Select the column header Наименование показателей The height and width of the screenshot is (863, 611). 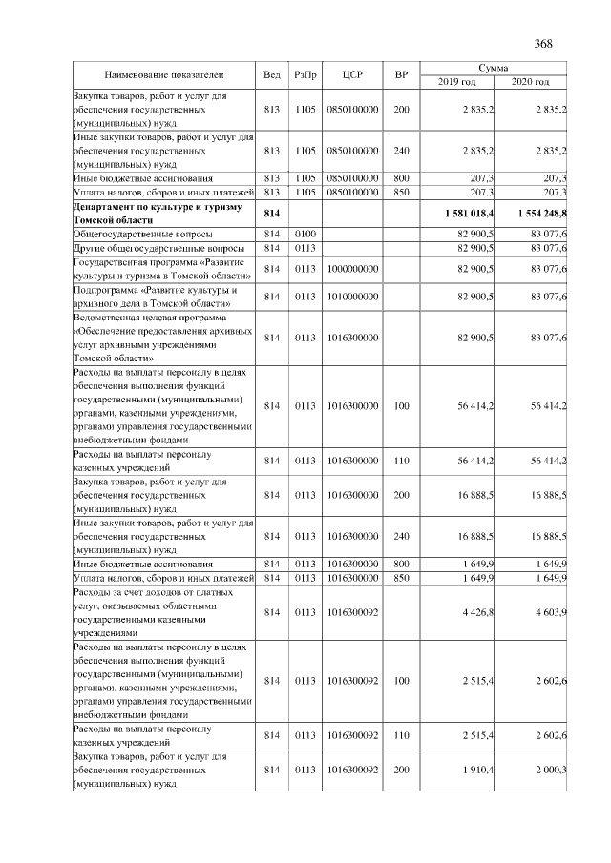tap(163, 74)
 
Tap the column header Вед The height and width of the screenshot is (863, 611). tap(272, 74)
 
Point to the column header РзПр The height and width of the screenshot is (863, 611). tap(305, 74)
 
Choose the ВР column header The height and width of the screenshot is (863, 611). tap(401, 74)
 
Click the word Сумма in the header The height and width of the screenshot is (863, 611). tap(495, 68)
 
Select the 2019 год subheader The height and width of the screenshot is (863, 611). tap(457, 82)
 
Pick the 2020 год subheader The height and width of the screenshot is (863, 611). tap(532, 82)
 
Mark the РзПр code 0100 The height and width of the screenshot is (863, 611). tap(305, 234)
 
